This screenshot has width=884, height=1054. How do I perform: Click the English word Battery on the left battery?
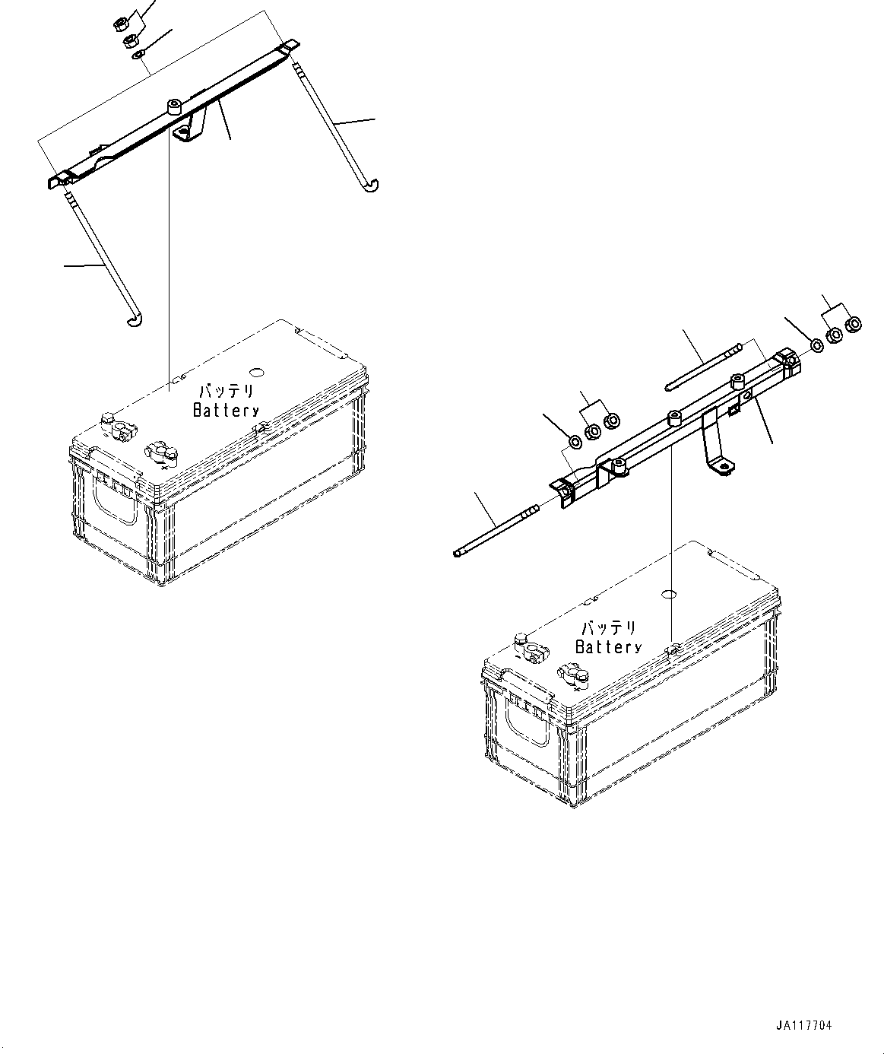tap(226, 411)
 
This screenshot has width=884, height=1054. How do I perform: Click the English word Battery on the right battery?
tap(608, 647)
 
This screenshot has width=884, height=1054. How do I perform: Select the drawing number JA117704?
tap(804, 1026)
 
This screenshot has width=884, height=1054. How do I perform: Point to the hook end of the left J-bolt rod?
tap(135, 324)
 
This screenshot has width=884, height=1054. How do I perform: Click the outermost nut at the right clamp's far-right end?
tap(853, 325)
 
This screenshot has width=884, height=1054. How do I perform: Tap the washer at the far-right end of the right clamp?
tap(816, 345)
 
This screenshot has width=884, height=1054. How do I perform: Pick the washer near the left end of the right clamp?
tap(575, 442)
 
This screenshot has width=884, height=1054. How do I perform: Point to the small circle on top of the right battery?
tap(670, 594)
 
